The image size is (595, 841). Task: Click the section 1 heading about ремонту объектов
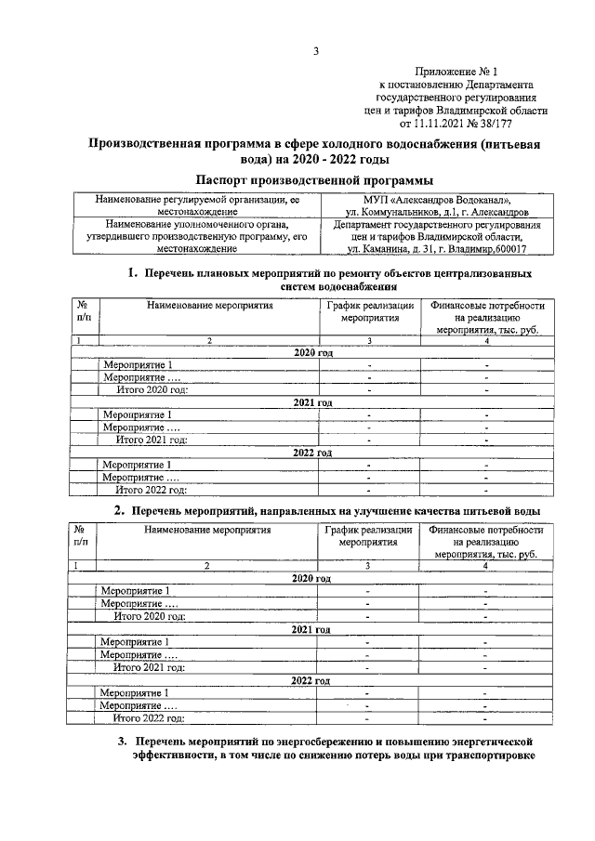click(x=331, y=280)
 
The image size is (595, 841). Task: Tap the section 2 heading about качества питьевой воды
click(x=327, y=511)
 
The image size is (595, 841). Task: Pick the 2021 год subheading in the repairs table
click(x=312, y=402)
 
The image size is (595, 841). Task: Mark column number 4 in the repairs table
click(x=485, y=341)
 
